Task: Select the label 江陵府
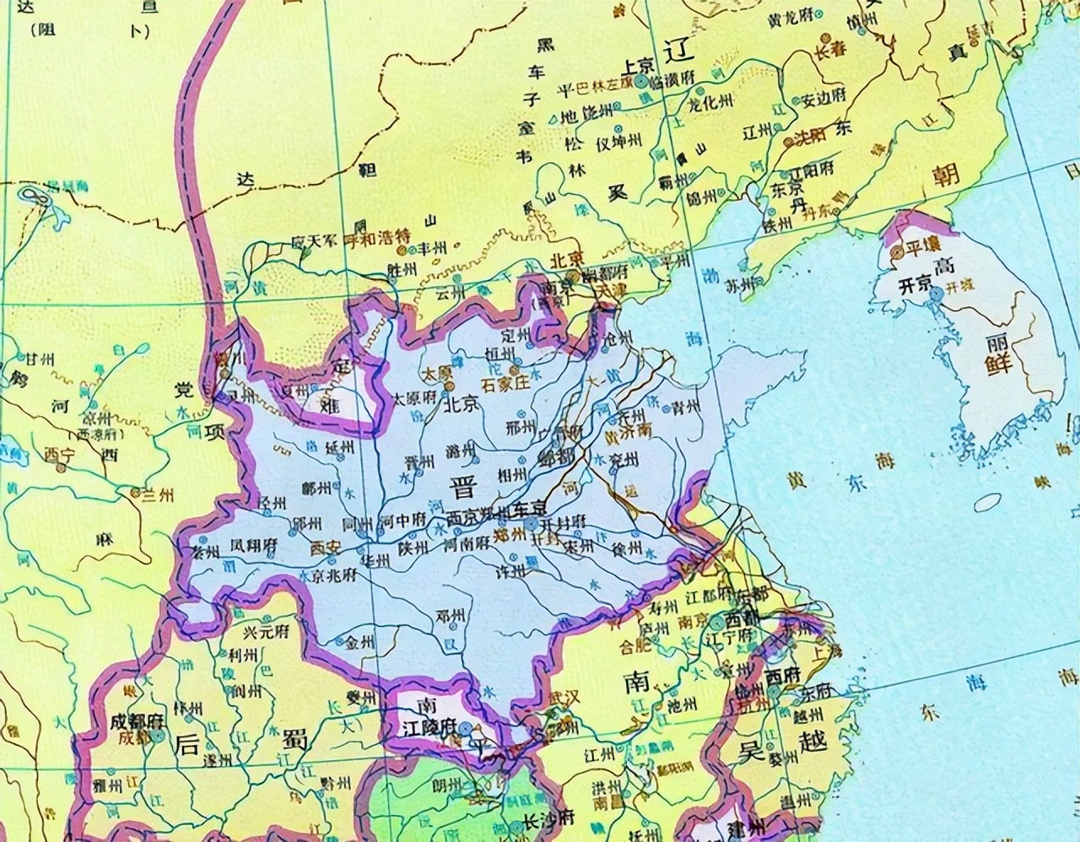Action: coord(428,726)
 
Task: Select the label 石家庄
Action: coord(504,383)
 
